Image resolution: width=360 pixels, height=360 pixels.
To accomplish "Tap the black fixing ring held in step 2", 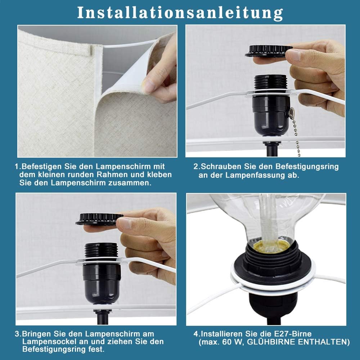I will [x=268, y=51].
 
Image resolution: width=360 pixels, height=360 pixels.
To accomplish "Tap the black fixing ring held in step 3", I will [x=99, y=219].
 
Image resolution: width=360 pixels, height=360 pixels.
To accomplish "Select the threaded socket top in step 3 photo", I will [x=101, y=251].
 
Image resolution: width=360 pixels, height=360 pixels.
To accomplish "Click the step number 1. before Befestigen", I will [x=18, y=167].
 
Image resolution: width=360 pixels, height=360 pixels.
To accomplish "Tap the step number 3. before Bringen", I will [x=18, y=334].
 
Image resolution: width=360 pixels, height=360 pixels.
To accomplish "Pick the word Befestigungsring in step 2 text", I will [x=307, y=167].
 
